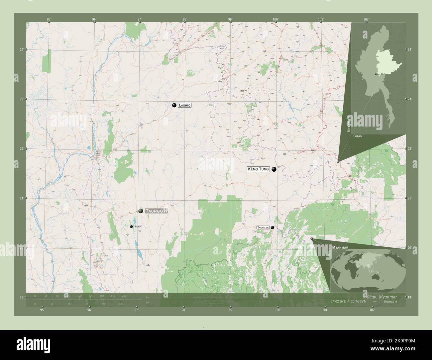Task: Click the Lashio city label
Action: [x=184, y=105]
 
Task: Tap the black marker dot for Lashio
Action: [x=174, y=105]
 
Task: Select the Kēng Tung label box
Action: [x=258, y=169]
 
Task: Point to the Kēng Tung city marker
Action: [x=274, y=169]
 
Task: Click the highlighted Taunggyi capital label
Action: [x=156, y=211]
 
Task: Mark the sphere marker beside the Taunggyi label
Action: [x=141, y=211]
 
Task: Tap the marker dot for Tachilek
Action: [x=272, y=227]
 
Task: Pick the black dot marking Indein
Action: [x=132, y=226]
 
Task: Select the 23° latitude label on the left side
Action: [x=22, y=99]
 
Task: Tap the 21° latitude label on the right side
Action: [x=410, y=198]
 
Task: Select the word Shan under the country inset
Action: [x=358, y=136]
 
